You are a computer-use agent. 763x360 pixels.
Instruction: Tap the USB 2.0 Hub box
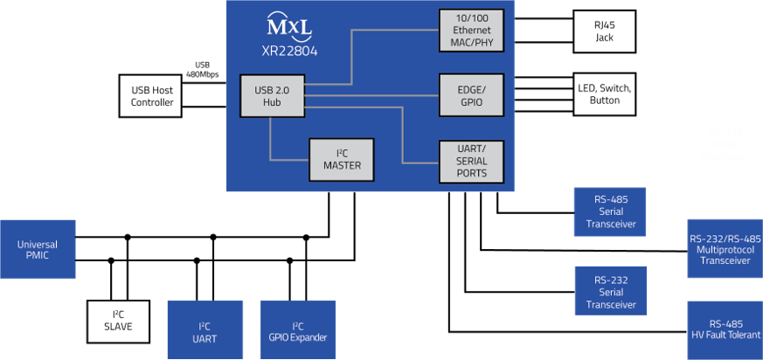pyautogui.click(x=272, y=96)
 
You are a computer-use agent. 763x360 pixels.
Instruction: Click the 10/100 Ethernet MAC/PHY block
pyautogui.click(x=471, y=31)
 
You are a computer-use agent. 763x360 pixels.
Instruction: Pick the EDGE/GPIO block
pyautogui.click(x=471, y=96)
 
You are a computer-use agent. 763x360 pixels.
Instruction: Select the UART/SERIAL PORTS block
pyautogui.click(x=471, y=161)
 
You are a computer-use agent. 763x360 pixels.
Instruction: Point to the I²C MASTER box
pyautogui.click(x=342, y=160)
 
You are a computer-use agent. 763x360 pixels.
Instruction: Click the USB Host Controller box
pyautogui.click(x=152, y=96)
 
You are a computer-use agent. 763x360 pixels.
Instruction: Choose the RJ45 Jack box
pyautogui.click(x=604, y=31)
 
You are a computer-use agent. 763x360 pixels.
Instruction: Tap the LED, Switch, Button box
pyautogui.click(x=604, y=94)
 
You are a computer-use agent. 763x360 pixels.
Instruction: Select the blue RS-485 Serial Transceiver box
pyautogui.click(x=611, y=211)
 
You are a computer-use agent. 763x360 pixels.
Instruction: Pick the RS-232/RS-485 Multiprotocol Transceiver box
pyautogui.click(x=725, y=249)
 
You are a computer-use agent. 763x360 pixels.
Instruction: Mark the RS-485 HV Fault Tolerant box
pyautogui.click(x=725, y=329)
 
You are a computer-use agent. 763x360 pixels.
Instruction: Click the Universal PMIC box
pyautogui.click(x=38, y=250)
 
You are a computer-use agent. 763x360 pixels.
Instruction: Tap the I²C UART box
pyautogui.click(x=205, y=331)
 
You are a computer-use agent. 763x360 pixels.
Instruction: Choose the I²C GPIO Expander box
pyautogui.click(x=297, y=331)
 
